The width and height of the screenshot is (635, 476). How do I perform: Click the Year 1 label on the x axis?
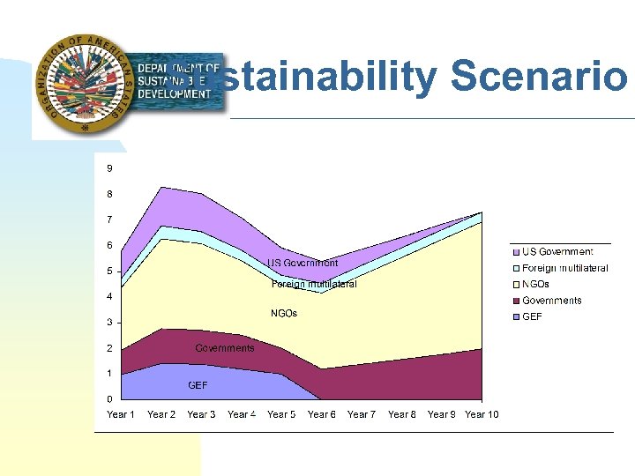coord(122,414)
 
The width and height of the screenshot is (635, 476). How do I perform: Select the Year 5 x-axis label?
coord(281,414)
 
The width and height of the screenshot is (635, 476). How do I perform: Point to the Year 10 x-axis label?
coord(482,414)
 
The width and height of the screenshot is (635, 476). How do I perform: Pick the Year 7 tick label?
coord(362,414)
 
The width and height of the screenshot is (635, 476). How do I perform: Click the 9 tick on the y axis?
coord(109,168)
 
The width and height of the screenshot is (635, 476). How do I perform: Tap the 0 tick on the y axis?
coord(109,399)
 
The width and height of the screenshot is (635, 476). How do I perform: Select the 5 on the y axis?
coord(109,271)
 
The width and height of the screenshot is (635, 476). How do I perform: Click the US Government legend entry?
coord(557,252)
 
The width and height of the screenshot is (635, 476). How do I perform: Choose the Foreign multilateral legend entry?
coord(564,268)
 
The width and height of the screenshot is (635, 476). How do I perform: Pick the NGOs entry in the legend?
coord(535,285)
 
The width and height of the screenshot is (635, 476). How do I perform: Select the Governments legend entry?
coord(551,301)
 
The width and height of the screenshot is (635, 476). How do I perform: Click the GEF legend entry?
coord(532,316)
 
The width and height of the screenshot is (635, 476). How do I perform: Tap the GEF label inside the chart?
coord(198,385)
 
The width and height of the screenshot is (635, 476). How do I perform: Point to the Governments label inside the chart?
coord(224,348)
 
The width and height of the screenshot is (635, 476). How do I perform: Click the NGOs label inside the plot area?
coord(283,314)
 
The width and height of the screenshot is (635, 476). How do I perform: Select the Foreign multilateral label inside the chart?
coord(313,285)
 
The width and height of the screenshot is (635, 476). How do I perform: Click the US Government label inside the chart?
coord(303,264)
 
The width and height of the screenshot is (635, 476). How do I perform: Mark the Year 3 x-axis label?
coord(201,414)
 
